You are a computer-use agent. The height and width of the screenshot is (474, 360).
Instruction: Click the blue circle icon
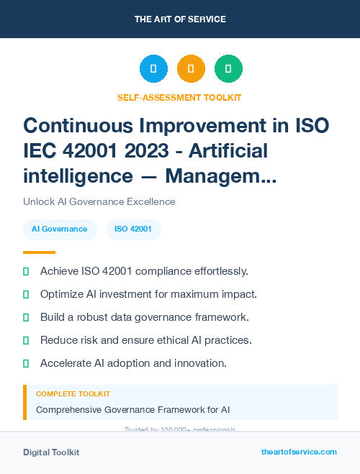pos(153,68)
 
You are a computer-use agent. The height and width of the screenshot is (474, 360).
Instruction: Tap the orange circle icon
pos(191,68)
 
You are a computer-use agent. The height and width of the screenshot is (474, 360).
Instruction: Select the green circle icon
pos(228,68)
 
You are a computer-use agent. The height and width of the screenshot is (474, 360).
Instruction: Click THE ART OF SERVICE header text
pos(180,19)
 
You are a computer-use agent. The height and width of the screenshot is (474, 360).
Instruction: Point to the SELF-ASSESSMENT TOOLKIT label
pos(179,97)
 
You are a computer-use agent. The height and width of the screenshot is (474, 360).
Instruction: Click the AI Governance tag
pos(60,229)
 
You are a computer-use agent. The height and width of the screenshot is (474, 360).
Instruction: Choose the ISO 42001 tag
pos(133,229)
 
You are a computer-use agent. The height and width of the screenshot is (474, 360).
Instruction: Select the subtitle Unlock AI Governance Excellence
pos(99,201)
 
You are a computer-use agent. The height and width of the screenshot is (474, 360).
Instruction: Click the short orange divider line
pos(39,252)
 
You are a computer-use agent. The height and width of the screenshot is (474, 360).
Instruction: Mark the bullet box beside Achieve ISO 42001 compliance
pos(26,271)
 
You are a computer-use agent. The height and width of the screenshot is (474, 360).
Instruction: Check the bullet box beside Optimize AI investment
pos(26,294)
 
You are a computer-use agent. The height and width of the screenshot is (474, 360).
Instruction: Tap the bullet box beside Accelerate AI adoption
pos(26,363)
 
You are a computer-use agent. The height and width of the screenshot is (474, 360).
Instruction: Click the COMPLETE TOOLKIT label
pos(73,394)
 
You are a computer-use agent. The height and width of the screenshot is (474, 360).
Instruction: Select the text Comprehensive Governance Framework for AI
pos(133,410)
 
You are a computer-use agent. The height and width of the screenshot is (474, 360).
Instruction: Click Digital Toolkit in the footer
pos(51,452)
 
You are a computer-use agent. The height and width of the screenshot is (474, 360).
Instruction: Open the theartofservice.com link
pos(299,452)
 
